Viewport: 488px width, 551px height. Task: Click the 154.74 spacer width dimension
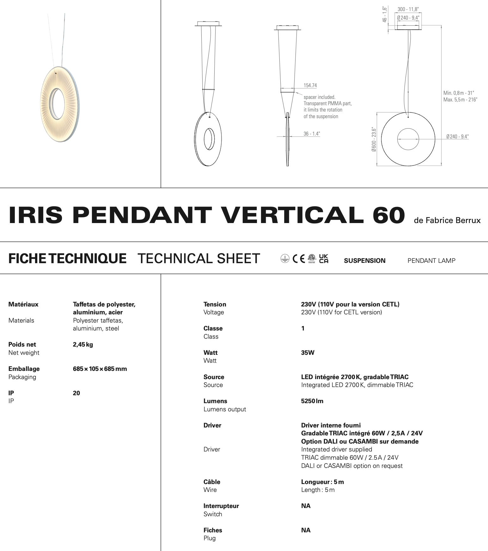tap(310, 85)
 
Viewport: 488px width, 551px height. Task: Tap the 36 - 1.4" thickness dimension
tap(312, 134)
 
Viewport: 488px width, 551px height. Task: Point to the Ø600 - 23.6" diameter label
tap(374, 139)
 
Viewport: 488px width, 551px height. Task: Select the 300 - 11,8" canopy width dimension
tap(408, 10)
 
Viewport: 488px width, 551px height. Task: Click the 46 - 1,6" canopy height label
tap(384, 15)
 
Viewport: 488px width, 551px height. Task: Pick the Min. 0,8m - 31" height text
tap(459, 93)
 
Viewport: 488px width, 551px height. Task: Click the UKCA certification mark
tap(324, 258)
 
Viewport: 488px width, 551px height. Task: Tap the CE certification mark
tap(299, 259)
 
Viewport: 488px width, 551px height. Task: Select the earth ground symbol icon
tap(284, 259)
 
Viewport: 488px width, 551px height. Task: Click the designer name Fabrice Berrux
tap(447, 220)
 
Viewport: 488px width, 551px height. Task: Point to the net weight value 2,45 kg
tap(83, 344)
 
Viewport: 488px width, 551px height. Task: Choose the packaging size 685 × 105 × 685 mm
tap(100, 369)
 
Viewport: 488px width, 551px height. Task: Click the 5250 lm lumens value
tap(312, 401)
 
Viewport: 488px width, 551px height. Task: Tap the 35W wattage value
tap(308, 353)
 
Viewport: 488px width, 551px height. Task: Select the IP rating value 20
tap(76, 393)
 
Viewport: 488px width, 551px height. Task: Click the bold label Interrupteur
tap(221, 506)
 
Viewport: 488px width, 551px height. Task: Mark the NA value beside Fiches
tap(306, 530)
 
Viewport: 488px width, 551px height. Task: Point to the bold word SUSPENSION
tap(364, 261)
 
